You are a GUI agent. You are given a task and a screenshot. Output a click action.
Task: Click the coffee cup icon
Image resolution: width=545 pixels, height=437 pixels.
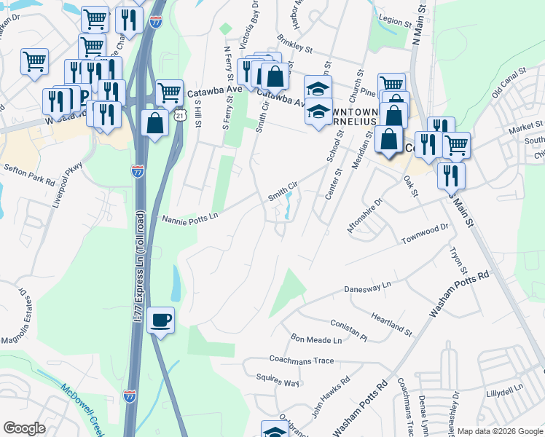click(x=160, y=319)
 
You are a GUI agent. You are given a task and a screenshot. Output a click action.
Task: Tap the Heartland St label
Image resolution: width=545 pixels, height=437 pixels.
click(x=391, y=324)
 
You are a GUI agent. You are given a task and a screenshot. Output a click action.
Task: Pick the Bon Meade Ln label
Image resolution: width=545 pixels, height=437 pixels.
click(x=316, y=339)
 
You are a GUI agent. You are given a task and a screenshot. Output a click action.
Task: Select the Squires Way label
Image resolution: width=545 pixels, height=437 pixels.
click(x=278, y=380)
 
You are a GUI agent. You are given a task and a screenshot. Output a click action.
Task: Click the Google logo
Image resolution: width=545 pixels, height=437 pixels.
click(x=24, y=428)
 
